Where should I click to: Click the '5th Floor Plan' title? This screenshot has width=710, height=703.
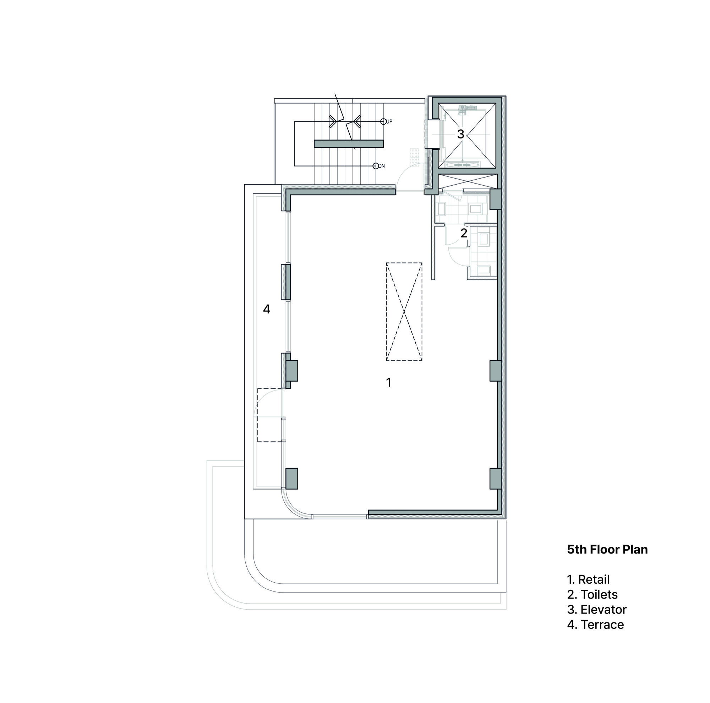pos(607,549)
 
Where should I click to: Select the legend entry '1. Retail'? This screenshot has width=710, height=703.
pos(588,579)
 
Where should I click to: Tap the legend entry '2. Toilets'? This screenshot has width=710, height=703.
pos(592,595)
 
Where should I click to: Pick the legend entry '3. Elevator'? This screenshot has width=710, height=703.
pos(596,610)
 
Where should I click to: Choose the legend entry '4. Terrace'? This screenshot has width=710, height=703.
pos(595,625)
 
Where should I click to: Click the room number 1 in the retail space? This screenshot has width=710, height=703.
pos(388,382)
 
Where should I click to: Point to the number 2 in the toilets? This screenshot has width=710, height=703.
pos(464,233)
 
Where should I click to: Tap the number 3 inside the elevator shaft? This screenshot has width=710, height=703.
pos(460,134)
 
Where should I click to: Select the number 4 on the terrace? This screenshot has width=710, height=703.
pos(267,309)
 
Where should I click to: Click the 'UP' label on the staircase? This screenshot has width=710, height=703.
pos(389,122)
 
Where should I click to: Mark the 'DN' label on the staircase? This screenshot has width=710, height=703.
pos(382,166)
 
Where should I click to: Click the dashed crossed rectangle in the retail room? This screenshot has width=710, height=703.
pos(404,312)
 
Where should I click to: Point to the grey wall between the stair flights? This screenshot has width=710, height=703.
pos(348,144)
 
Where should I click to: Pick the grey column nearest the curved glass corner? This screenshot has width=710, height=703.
pos(292,479)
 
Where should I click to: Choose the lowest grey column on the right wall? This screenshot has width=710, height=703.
pos(495,479)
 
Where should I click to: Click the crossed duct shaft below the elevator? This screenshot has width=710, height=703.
pos(468,181)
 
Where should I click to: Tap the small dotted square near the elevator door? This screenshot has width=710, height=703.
pos(415,156)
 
